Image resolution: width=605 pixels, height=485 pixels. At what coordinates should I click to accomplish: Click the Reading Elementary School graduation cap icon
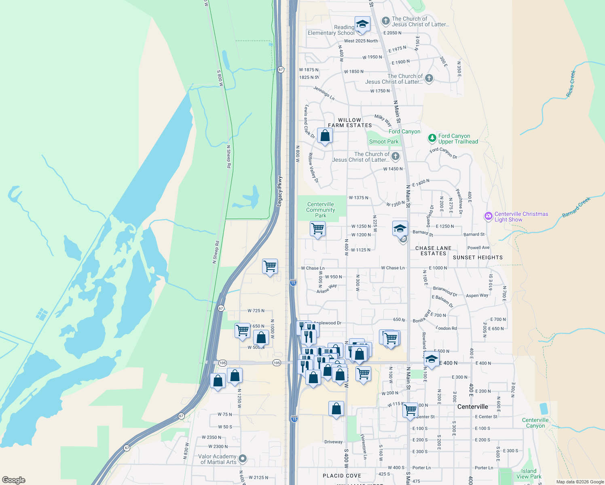pos(362,23)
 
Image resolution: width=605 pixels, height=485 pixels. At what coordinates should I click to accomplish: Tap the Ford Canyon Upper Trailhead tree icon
pos(432,139)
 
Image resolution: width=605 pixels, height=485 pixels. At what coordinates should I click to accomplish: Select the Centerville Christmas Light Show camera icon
pos(488,216)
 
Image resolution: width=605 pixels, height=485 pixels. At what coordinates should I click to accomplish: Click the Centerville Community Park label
pos(321,210)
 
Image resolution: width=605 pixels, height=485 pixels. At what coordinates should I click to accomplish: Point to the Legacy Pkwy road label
pos(279,192)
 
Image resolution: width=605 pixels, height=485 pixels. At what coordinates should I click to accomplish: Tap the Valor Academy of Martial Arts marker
pos(243,458)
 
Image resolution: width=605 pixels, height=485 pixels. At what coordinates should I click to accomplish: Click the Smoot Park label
pos(384,141)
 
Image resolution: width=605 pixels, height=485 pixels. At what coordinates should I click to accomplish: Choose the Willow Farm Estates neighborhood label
pos(350,123)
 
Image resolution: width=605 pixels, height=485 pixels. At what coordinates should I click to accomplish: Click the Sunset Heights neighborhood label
pos(478,257)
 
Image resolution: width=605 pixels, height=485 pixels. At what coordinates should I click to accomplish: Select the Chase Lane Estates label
pos(433,251)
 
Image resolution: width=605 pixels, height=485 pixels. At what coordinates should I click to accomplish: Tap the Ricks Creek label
pos(571,84)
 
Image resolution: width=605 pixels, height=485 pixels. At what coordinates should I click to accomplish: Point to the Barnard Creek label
pos(576,207)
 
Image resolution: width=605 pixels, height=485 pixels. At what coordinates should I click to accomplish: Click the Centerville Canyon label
pos(535,423)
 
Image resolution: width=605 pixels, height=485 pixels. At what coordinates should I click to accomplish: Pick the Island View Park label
pos(529,474)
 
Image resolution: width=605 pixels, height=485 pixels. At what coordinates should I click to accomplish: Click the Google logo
pos(14,480)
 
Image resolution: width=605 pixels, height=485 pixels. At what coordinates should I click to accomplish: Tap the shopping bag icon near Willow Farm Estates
pos(325,135)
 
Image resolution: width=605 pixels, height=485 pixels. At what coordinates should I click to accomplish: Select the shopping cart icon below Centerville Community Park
pos(317,229)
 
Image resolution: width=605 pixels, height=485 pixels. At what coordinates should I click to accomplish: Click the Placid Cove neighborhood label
pos(342,476)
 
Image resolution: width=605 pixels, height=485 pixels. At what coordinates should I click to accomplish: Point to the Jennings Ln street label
pos(324,93)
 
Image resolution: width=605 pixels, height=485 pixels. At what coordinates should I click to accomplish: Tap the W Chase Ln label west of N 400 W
pos(313,268)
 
